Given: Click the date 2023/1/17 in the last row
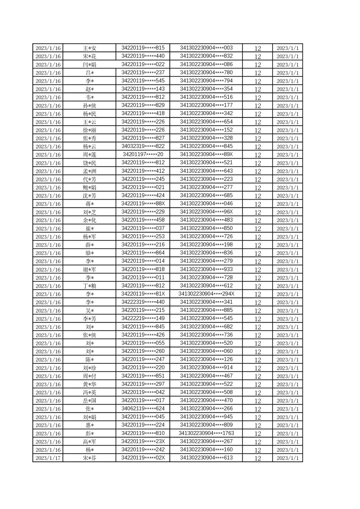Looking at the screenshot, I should [48, 458].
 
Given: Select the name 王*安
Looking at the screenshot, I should [89, 48].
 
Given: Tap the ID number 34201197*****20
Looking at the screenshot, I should [143, 154].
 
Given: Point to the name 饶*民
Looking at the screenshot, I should [89, 163].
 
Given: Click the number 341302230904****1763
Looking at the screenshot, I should [207, 433].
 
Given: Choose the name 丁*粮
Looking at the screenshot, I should [89, 286].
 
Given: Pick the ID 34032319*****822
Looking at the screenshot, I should [143, 146].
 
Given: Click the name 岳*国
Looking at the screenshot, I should [89, 401].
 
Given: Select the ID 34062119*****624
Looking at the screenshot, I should [143, 408].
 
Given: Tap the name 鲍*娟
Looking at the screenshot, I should [89, 187].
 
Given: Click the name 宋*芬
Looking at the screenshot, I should [89, 458].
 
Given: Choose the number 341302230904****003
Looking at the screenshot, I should [207, 48].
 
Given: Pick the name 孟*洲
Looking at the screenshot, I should [89, 171].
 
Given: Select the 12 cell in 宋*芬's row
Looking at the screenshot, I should [258, 458].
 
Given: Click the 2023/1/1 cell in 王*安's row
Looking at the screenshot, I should [287, 48].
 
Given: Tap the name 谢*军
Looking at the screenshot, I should [89, 269].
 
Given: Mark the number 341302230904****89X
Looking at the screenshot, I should [207, 154].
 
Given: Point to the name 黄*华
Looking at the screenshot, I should [89, 384].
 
